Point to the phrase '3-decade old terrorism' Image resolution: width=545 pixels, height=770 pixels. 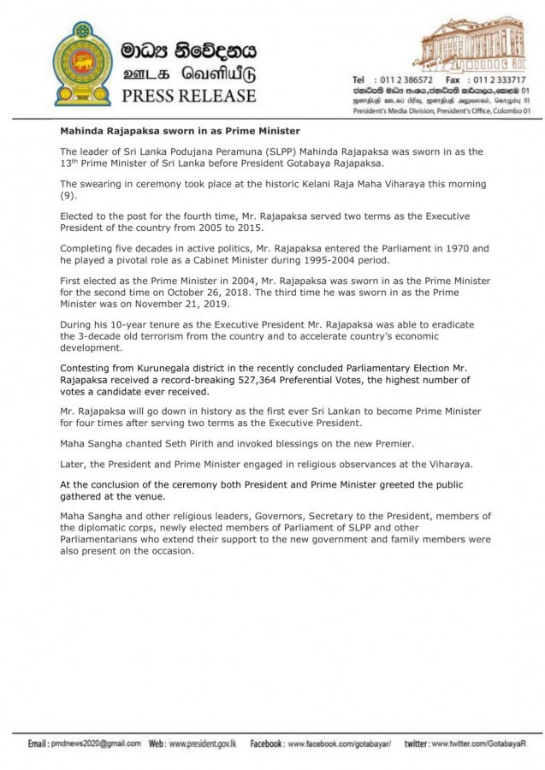point(127,335)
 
